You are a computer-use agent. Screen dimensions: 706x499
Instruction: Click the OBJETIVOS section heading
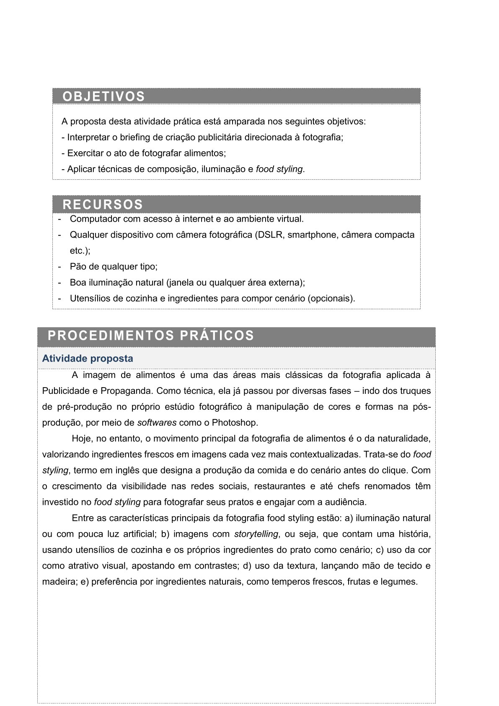(x=103, y=96)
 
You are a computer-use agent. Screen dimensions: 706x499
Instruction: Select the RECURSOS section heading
(x=103, y=204)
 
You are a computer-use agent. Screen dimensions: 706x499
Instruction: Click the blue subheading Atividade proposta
(x=88, y=359)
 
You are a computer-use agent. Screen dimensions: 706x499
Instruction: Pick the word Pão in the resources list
(x=78, y=266)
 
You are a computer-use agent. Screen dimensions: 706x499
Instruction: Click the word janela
(x=182, y=282)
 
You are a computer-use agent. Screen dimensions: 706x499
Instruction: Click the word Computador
(x=95, y=219)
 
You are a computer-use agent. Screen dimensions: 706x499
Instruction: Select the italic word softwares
(x=157, y=422)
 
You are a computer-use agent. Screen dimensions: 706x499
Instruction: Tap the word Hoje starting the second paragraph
(x=82, y=438)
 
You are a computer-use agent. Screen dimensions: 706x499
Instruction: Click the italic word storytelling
(x=256, y=534)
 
